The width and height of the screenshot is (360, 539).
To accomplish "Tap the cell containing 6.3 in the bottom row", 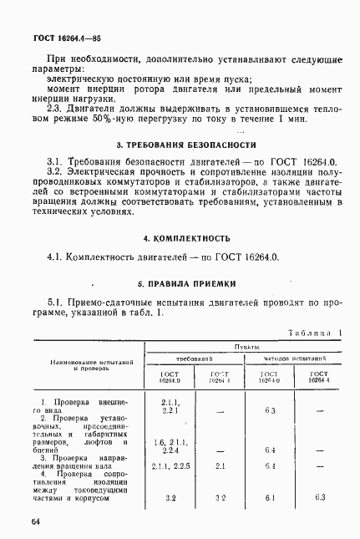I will tap(319, 498).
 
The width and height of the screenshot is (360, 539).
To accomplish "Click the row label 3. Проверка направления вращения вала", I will tap(80, 462).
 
